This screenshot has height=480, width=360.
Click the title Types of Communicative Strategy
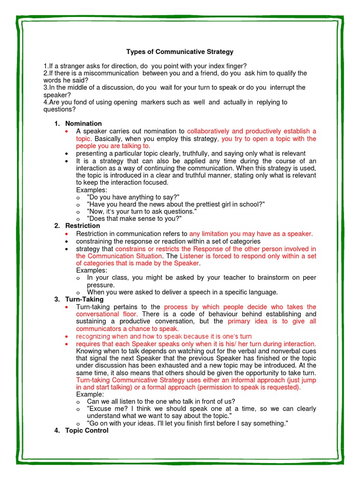coord(180,52)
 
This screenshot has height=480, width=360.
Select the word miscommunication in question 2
coord(111,73)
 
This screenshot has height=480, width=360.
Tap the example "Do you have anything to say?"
coord(133,197)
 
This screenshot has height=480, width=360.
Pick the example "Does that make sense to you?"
coord(134,218)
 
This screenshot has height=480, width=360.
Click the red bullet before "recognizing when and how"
coord(68,337)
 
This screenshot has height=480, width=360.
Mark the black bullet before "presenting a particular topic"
coord(68,153)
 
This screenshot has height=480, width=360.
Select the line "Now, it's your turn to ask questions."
coord(142,211)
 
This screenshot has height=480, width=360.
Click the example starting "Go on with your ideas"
coord(187,423)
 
